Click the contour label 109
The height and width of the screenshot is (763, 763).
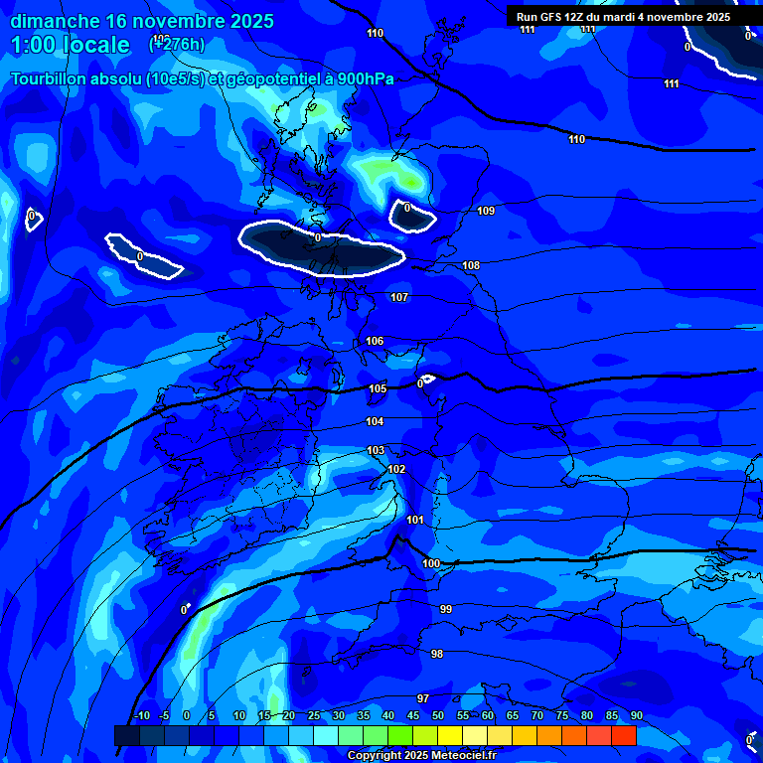pos(486,211)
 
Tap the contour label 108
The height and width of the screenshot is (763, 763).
pos(471,265)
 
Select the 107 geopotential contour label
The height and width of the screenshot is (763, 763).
pos(399,297)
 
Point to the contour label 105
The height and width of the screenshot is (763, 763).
pos(378,388)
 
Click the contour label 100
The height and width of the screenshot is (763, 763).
pos(431,563)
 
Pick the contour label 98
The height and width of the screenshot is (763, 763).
pos(437,653)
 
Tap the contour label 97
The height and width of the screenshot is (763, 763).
pos(423,698)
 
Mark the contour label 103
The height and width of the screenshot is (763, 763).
pos(376,450)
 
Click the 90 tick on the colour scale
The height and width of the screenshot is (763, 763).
pos(636,716)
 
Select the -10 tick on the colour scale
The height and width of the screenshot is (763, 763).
pos(142,716)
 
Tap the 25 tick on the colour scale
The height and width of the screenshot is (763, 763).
pos(314,716)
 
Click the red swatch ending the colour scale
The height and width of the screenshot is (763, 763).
pos(623,735)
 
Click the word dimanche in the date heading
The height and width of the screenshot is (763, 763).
pos(55,21)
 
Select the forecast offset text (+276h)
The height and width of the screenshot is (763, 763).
pos(177,45)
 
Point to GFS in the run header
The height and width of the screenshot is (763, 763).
pos(553,17)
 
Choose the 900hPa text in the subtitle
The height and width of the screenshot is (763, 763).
pos(364,79)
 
